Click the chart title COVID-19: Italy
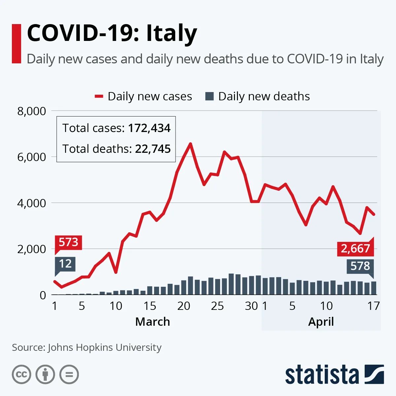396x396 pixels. (112, 34)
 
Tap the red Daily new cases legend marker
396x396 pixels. (99, 96)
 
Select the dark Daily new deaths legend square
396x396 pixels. (209, 96)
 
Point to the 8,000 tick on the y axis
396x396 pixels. (32, 111)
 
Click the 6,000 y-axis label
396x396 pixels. (32, 157)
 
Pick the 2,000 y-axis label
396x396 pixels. (32, 249)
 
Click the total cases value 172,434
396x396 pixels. (149, 128)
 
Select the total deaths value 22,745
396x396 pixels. (153, 149)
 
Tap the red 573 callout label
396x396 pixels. (68, 242)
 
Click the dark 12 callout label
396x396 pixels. (65, 264)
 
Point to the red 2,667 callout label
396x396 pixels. (355, 248)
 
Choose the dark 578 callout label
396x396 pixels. (360, 266)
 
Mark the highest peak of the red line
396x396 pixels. (190, 144)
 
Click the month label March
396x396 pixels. (152, 322)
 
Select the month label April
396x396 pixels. (321, 322)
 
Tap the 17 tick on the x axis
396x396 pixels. (374, 306)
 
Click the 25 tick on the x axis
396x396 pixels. (217, 306)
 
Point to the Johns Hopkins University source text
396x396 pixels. (105, 347)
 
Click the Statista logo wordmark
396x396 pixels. (322, 375)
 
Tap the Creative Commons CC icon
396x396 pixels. (21, 375)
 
